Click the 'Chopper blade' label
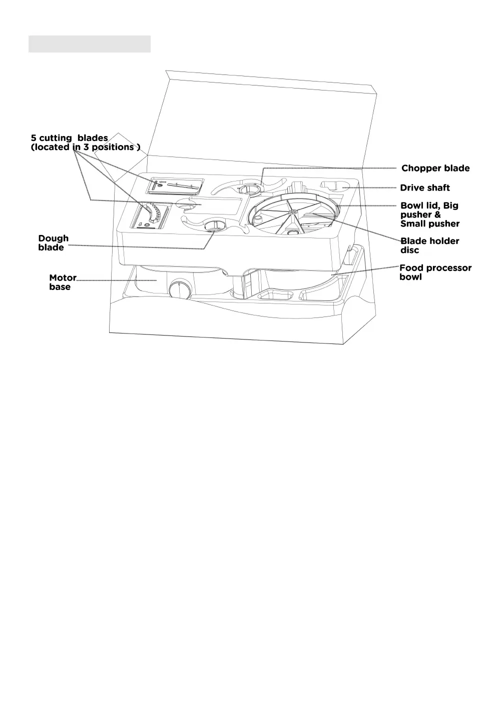[x=435, y=168]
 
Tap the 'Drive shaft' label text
[x=425, y=188]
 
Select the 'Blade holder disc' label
[x=429, y=245]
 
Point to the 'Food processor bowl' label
[x=435, y=272]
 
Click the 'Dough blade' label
[x=53, y=243]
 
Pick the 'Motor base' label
[x=63, y=282]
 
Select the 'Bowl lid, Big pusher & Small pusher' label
[x=429, y=214]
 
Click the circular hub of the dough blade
[x=215, y=226]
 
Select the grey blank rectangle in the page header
[x=89, y=44]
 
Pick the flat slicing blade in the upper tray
[x=176, y=186]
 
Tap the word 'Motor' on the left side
[x=63, y=278]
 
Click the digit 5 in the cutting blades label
[x=34, y=138]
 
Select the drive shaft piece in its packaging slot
[x=336, y=186]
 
